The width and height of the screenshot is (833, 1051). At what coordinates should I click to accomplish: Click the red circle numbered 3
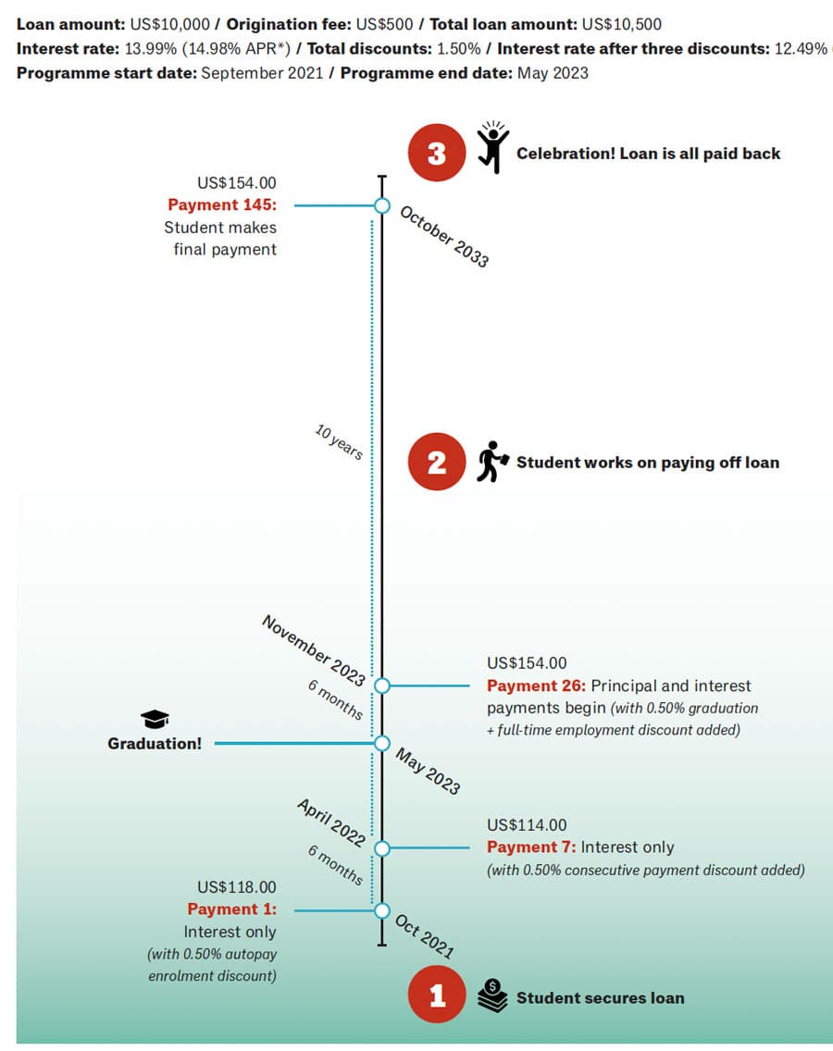pos(437,153)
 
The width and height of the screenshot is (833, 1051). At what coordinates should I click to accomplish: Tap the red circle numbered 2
pos(437,462)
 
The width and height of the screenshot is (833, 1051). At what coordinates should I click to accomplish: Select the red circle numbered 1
pos(437,995)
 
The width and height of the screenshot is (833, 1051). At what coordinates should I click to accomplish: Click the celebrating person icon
pos(493,147)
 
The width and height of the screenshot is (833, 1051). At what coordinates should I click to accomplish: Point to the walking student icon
pos(492,461)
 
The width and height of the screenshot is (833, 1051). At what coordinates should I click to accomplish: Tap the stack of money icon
pos(493,995)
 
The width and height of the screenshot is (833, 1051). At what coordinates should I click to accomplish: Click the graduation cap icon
pos(155,719)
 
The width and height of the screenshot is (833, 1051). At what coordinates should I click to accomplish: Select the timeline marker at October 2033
pos(382,205)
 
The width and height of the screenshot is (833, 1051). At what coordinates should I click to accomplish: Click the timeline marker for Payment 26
pos(382,686)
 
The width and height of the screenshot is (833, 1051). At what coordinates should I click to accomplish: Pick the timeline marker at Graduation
pos(382,743)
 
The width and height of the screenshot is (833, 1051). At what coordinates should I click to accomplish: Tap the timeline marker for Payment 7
pos(382,848)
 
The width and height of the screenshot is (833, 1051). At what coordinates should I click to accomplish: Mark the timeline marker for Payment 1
pos(382,911)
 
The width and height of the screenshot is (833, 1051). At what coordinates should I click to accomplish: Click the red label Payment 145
pos(222,204)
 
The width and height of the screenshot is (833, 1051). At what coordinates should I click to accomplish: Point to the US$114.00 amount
pos(527,825)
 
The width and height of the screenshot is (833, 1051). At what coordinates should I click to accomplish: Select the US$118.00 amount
pos(237,887)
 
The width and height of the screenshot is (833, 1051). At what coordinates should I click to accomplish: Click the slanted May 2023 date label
pos(428,772)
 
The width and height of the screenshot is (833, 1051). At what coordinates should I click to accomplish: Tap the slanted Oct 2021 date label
pos(425,936)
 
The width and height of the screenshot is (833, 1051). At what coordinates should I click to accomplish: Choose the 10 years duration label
pos(339,441)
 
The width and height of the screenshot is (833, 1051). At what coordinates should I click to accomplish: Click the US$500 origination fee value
pos(384,25)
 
